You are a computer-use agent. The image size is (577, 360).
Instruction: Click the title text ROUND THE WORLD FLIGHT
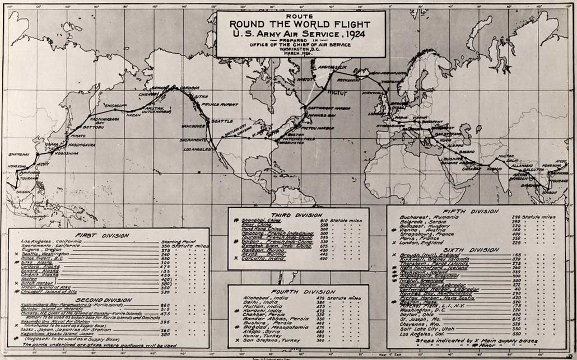click(x=300, y=25)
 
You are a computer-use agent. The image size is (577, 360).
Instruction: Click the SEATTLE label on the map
click(x=222, y=121)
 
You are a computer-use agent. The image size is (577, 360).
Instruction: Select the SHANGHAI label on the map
click(x=19, y=153)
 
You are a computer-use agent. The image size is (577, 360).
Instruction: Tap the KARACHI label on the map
click(x=494, y=168)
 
